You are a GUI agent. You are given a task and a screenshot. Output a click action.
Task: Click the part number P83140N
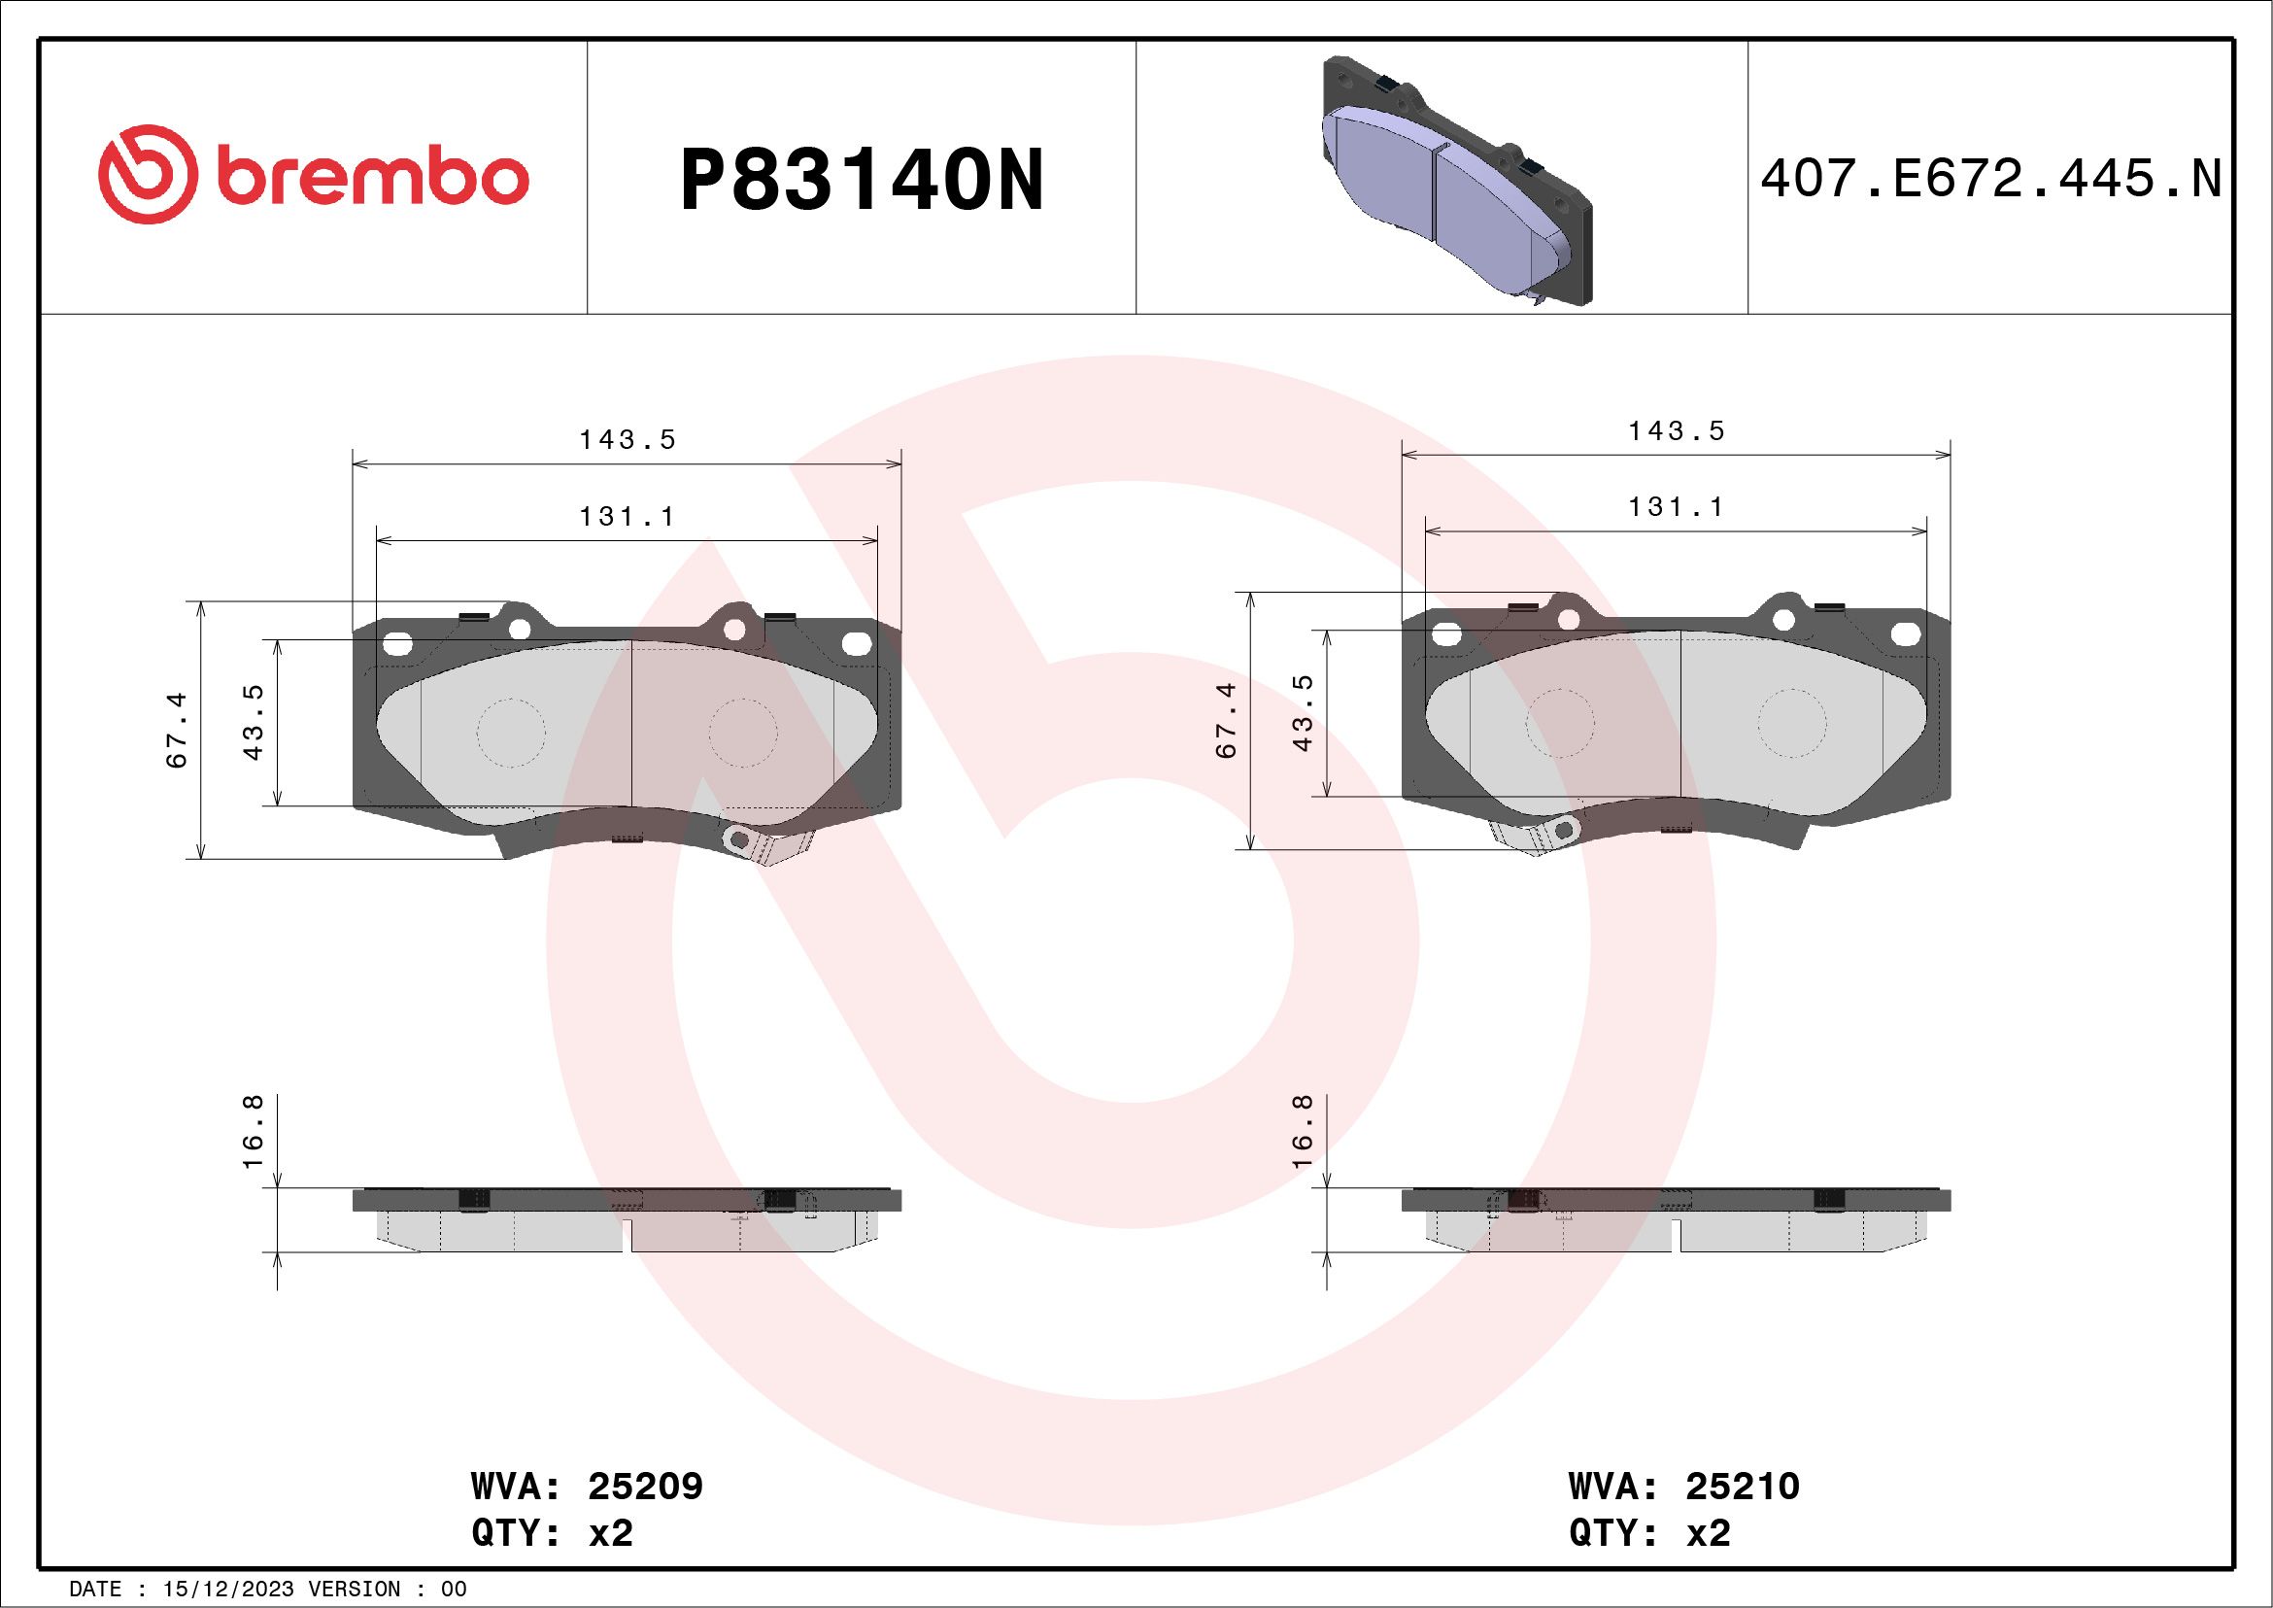click(862, 181)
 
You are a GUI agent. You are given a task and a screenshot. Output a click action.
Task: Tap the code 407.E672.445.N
click(1991, 180)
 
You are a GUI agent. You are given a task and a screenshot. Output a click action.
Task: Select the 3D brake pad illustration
click(1455, 184)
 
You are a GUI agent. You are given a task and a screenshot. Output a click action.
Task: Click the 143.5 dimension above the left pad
click(627, 439)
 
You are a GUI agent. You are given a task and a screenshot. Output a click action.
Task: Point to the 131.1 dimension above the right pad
click(1675, 507)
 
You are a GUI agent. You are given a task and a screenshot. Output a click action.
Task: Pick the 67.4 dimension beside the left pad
click(177, 731)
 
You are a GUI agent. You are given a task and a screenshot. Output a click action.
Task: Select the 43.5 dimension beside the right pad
click(1303, 713)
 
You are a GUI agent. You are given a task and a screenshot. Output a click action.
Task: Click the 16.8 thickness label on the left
click(254, 1131)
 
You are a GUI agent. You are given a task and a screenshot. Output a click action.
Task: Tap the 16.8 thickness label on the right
click(1303, 1131)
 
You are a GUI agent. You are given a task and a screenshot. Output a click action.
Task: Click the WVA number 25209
click(644, 1487)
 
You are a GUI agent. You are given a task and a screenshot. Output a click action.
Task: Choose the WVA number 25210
click(1742, 1487)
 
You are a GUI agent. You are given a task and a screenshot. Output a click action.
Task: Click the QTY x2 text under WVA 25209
click(553, 1533)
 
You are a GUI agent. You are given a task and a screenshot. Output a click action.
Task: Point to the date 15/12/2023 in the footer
click(227, 1590)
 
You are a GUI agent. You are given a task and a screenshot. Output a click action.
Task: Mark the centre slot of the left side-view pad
click(628, 1236)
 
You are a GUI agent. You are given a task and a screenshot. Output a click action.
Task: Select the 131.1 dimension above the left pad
click(627, 517)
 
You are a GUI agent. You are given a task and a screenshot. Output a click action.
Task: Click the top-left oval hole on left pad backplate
click(397, 644)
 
